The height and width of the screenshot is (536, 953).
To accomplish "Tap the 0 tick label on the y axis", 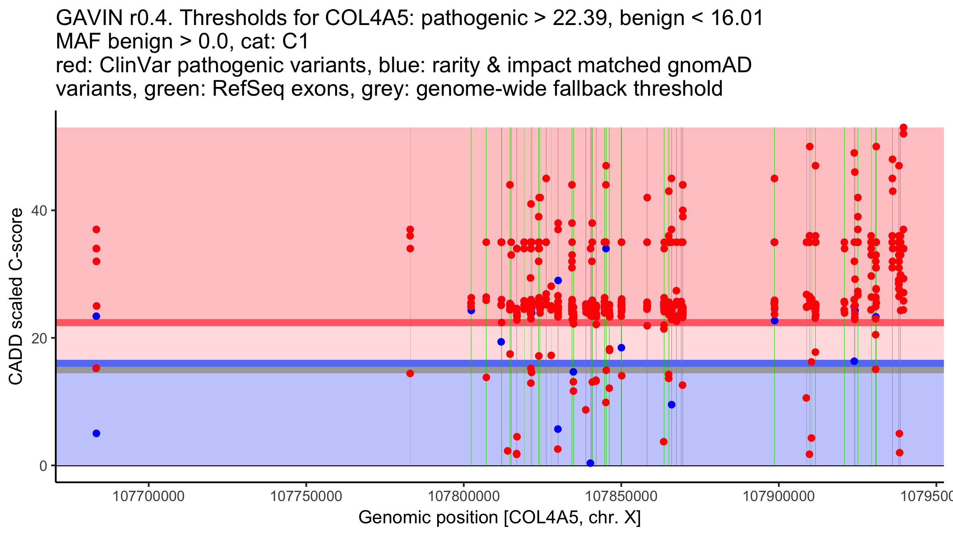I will [x=43, y=466].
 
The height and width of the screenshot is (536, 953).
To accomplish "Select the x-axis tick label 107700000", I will [x=149, y=496].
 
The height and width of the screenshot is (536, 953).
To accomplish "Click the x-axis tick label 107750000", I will [x=306, y=496].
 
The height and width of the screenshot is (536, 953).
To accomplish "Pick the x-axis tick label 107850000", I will [x=621, y=496].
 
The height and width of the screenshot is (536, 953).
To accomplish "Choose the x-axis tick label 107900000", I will [x=778, y=496].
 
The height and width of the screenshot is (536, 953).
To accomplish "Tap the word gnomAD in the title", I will [x=709, y=65].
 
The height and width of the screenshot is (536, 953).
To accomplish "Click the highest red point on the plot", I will [x=903, y=127].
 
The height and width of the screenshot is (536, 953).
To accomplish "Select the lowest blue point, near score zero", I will [x=590, y=463].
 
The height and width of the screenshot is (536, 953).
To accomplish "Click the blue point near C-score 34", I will [x=606, y=249].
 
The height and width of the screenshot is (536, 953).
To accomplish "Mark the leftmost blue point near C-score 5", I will [x=96, y=433].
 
